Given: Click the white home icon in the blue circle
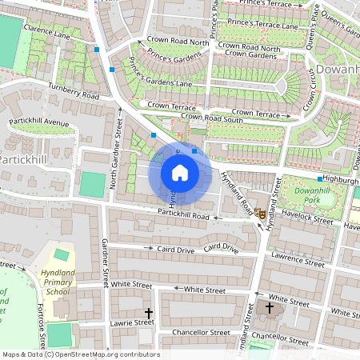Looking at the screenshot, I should click(180, 172).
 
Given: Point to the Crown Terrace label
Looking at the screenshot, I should click(171, 106).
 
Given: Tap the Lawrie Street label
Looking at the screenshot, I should click(132, 322).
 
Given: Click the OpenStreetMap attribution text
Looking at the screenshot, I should click(80, 354).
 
